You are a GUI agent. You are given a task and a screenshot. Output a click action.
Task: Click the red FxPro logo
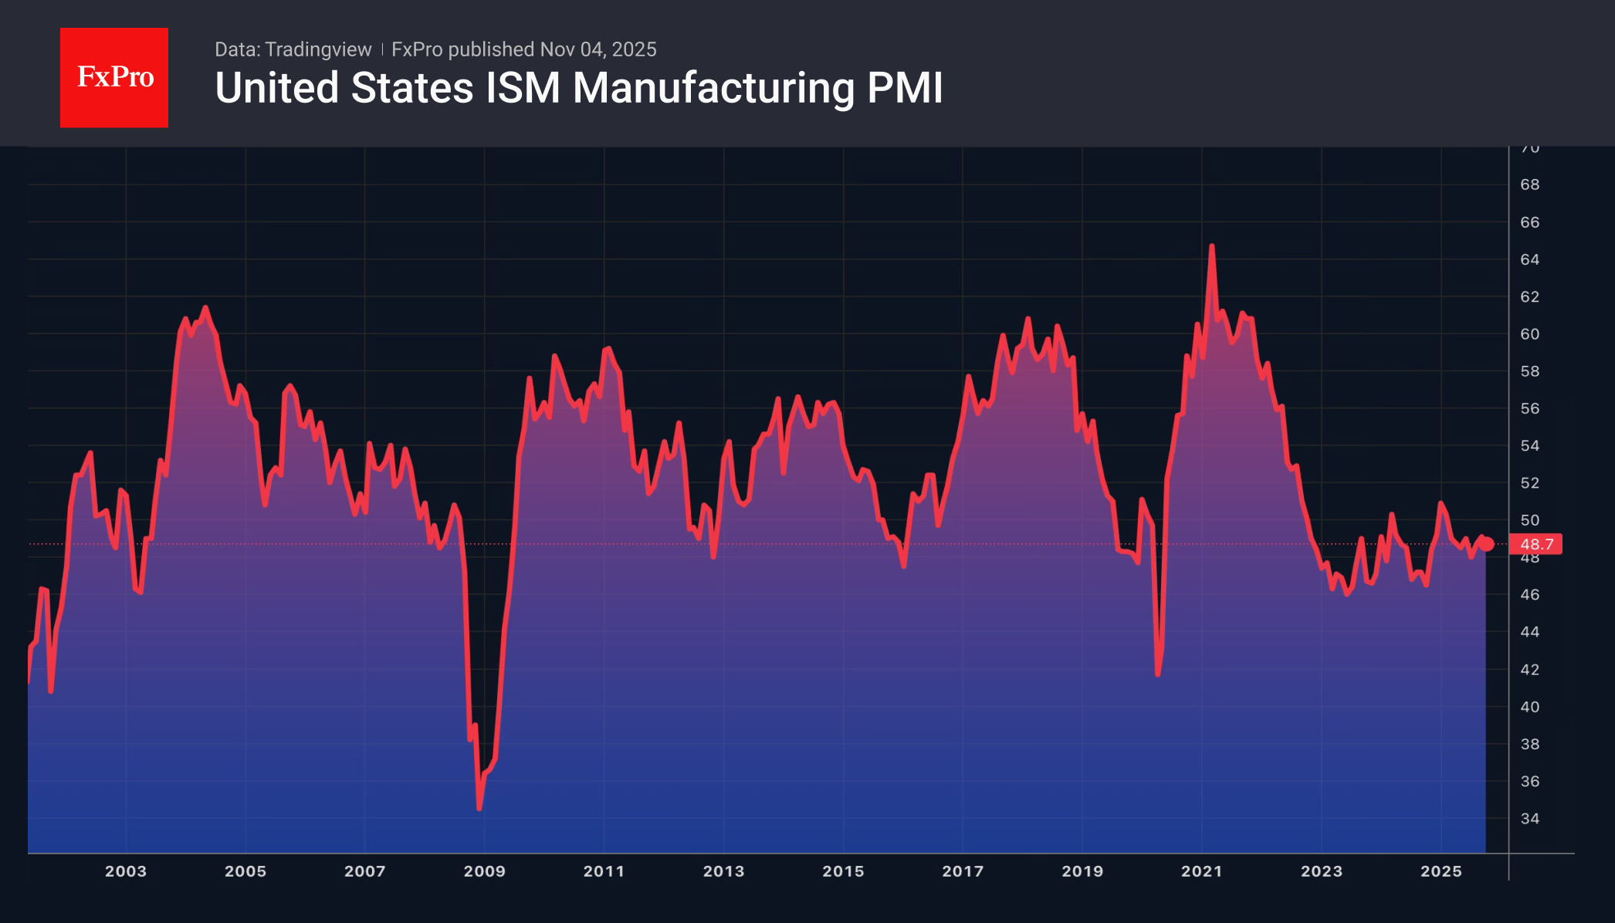point(114,77)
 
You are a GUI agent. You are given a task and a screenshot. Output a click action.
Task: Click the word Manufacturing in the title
point(713,88)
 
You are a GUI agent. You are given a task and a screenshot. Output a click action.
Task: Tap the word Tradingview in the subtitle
point(317,49)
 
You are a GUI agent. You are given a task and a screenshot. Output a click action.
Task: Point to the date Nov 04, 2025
point(598,49)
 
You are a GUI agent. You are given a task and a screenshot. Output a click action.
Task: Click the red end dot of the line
point(1486,544)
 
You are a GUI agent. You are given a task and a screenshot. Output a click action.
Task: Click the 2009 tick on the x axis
point(484,871)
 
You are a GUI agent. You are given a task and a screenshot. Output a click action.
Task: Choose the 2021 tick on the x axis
point(1201,871)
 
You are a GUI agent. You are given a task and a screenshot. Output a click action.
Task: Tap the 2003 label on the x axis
point(126,871)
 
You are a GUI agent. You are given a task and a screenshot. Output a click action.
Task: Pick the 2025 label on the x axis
point(1441,871)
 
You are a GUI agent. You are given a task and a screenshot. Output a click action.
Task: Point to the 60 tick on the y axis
point(1529,334)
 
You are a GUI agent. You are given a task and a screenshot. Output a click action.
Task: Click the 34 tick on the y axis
point(1529,818)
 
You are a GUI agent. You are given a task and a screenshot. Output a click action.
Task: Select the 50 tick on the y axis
point(1529,520)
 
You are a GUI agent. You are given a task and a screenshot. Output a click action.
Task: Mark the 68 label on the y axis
point(1529,184)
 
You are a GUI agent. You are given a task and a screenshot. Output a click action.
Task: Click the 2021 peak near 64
point(1211,246)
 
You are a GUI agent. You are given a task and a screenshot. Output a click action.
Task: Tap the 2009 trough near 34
point(479,807)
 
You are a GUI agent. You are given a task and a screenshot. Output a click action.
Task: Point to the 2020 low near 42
point(1158,674)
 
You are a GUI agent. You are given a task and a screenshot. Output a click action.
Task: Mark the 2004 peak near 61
point(205,308)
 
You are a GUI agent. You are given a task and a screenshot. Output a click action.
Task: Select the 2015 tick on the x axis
point(843,871)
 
